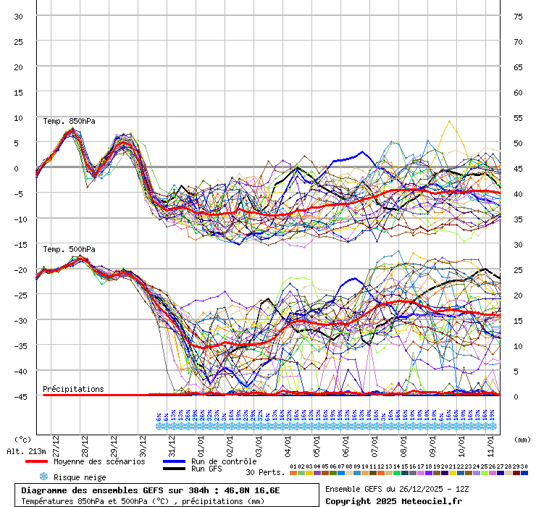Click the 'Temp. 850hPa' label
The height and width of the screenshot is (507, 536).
coord(69,121)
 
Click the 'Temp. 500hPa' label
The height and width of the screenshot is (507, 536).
coord(69,249)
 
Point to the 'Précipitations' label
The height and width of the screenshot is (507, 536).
coord(73,389)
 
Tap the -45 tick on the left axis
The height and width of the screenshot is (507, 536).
coord(18,396)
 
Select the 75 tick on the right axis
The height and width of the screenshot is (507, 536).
coord(518,16)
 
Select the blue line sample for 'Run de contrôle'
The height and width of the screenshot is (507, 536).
coord(175,461)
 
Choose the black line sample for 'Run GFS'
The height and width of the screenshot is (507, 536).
coord(175,469)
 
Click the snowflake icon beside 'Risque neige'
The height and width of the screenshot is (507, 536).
coord(43,477)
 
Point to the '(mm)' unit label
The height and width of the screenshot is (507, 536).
coord(522,439)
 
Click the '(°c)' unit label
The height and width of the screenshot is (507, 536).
coord(23,439)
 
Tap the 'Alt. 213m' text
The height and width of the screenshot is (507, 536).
coord(25,451)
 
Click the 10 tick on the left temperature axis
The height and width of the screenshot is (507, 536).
coord(18,117)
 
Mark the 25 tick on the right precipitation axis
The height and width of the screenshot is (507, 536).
coord(518,269)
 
